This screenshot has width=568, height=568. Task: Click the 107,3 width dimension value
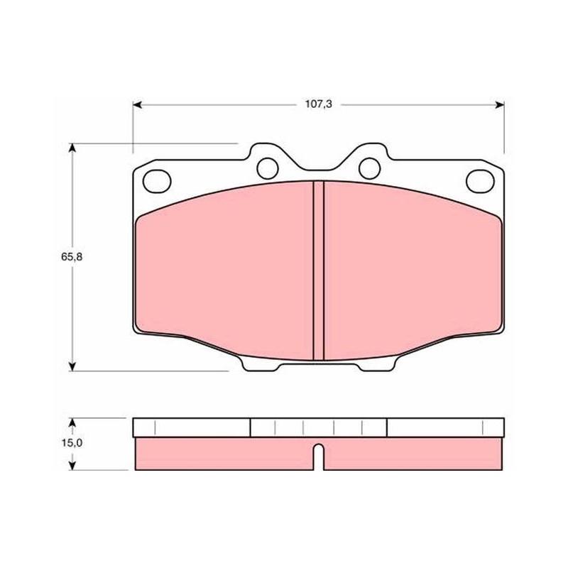coord(318,104)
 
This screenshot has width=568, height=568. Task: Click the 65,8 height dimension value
coord(72,257)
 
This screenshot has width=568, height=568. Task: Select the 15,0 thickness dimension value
coord(72,442)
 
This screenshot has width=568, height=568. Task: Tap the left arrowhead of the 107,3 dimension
coord(137,105)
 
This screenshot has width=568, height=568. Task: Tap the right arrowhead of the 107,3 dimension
coord(500,105)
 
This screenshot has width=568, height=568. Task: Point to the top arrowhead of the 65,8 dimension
coord(72,148)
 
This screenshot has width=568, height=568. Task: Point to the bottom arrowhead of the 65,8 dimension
coord(72,366)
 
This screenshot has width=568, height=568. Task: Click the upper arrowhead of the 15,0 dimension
coord(72,422)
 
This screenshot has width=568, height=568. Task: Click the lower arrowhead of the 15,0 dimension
coord(72,466)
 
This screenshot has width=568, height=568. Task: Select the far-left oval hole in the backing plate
coord(157,181)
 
